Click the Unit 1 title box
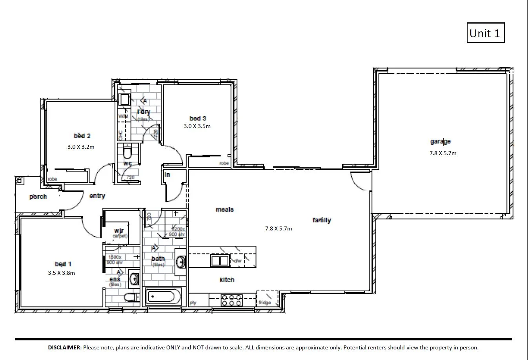click(485, 33)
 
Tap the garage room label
click(440, 141)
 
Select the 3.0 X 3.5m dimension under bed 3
click(197, 126)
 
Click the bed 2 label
click(82, 136)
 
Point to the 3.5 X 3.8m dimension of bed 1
click(61, 273)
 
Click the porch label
click(38, 196)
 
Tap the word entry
click(97, 196)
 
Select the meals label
click(224, 210)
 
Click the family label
click(321, 220)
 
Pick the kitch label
click(227, 280)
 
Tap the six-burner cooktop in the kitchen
click(231, 300)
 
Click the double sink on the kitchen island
click(220, 261)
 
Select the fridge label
click(265, 303)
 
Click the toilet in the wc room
click(128, 151)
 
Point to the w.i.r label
click(119, 230)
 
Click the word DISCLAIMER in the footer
click(65, 347)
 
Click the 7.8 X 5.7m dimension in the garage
click(442, 153)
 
